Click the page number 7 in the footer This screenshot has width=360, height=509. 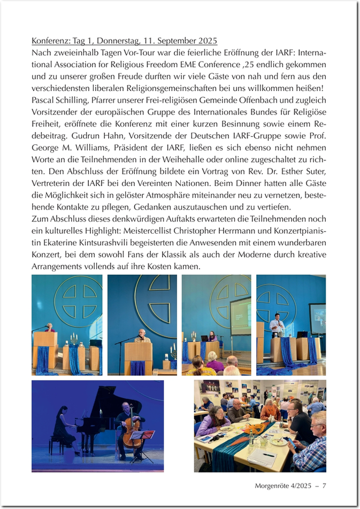pos(324,486)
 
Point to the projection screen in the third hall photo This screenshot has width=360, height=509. pos(240,315)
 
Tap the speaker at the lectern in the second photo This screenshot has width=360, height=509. pos(141,336)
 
